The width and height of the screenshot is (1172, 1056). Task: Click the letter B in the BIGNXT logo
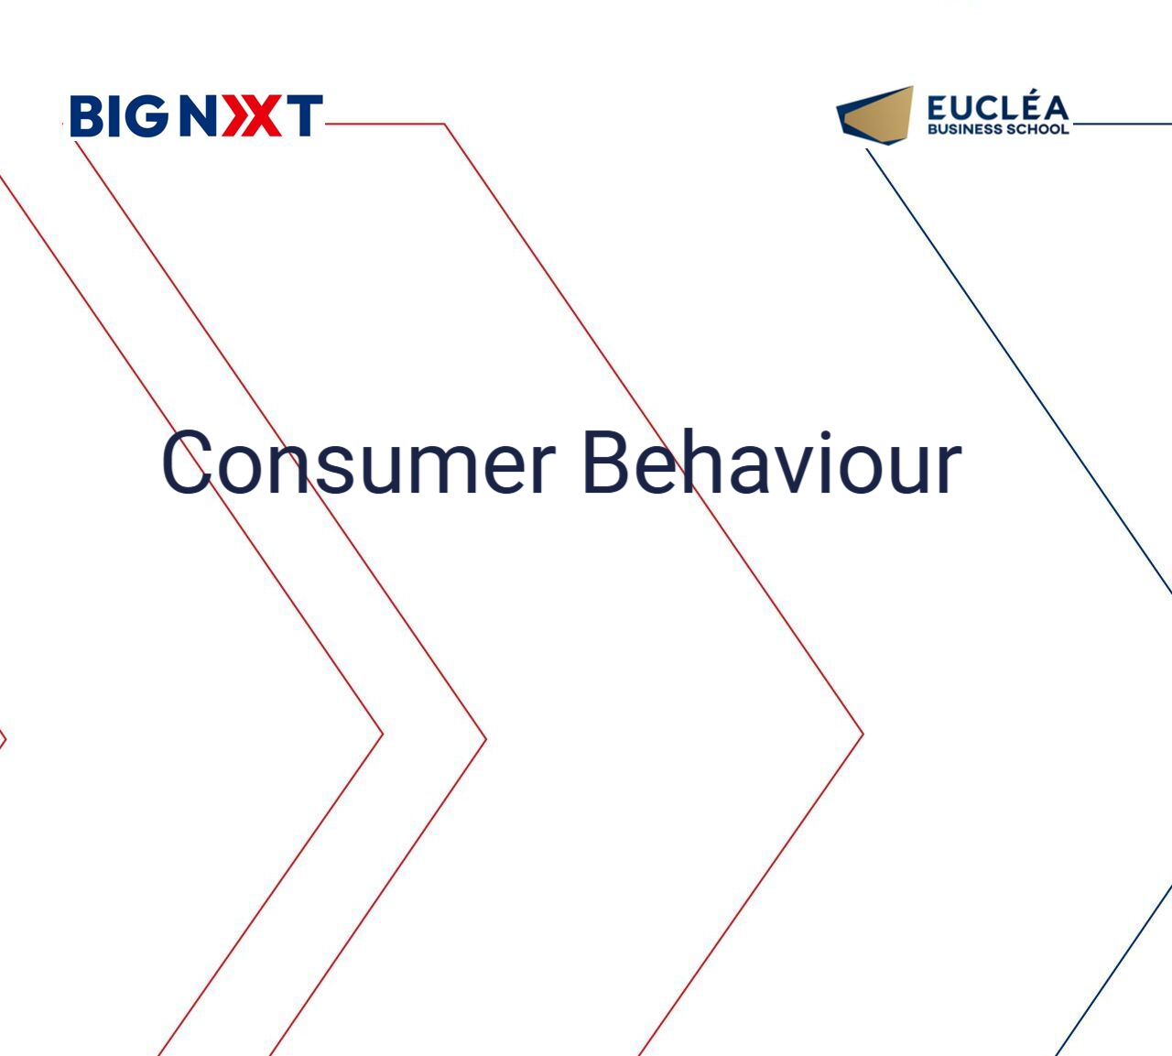pos(86,116)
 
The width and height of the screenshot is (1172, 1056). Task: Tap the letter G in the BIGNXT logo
pos(146,116)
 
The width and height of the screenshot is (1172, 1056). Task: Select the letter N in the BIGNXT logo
pos(199,116)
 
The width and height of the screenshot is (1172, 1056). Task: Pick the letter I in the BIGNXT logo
pos(113,116)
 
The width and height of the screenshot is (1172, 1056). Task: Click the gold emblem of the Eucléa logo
pos(874,115)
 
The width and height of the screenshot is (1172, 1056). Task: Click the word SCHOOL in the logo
pos(1034,128)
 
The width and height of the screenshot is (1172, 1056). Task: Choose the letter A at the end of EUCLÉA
pos(1053,109)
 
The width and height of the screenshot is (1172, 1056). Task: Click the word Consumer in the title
pos(358,463)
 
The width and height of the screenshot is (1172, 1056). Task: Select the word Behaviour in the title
pos(772,462)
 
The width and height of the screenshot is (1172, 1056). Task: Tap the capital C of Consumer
pos(187,462)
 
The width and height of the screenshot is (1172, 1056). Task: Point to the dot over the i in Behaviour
pos(826,436)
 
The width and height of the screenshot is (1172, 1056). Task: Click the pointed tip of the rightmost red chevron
pos(863,734)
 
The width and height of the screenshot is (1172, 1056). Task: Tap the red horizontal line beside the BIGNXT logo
pos(384,124)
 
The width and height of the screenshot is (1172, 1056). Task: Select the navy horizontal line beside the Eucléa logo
pos(1122,124)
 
